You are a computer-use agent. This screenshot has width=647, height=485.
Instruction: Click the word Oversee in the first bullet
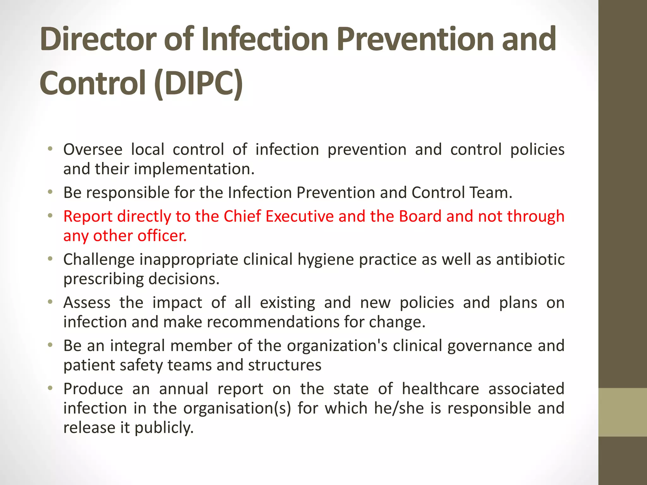tap(93, 149)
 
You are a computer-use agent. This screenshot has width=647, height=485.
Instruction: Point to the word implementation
tap(194, 169)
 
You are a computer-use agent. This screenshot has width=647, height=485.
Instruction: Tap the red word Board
tap(420, 217)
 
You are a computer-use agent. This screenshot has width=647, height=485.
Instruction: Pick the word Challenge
tap(99, 260)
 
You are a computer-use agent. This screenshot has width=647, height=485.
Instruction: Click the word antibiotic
tap(530, 260)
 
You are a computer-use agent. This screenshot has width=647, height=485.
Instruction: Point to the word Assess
tap(87, 303)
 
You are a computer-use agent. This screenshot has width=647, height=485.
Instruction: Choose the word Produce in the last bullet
tap(93, 389)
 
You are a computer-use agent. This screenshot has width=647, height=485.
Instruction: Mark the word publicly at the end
tap(164, 428)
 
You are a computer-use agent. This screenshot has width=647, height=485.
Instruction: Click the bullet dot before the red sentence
tap(50, 216)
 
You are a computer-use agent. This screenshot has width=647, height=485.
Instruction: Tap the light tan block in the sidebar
tap(622, 412)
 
